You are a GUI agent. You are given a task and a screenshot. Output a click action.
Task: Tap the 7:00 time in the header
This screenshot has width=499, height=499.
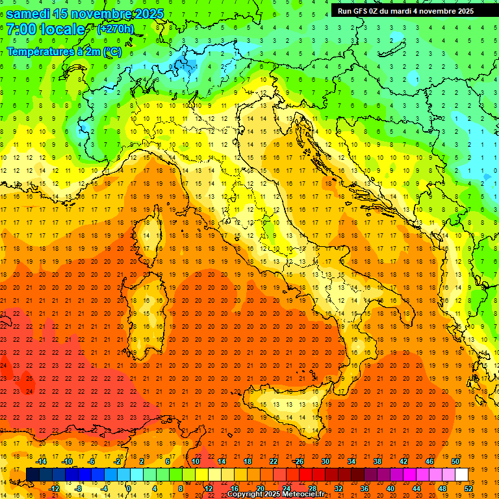[20, 30]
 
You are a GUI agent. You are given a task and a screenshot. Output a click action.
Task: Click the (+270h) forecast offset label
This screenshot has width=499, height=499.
[116, 29]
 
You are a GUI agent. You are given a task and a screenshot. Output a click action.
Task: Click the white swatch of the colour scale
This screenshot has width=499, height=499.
[461, 474]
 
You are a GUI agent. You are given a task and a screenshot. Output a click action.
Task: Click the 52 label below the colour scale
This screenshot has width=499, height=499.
[469, 489]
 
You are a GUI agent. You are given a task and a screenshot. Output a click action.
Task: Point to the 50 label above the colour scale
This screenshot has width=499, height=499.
[455, 461]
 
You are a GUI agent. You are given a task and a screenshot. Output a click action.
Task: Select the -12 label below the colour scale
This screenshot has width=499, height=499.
[54, 489]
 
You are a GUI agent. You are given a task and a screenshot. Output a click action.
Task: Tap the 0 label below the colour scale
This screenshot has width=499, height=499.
[129, 489]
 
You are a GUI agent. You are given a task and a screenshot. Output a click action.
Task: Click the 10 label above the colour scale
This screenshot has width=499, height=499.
[195, 461]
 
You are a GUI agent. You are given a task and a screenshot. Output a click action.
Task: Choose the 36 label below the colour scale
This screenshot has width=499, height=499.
[365, 489]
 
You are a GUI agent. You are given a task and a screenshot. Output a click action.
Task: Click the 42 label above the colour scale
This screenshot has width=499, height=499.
[403, 461]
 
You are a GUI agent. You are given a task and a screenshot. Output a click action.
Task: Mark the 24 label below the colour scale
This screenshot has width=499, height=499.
[286, 489]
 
